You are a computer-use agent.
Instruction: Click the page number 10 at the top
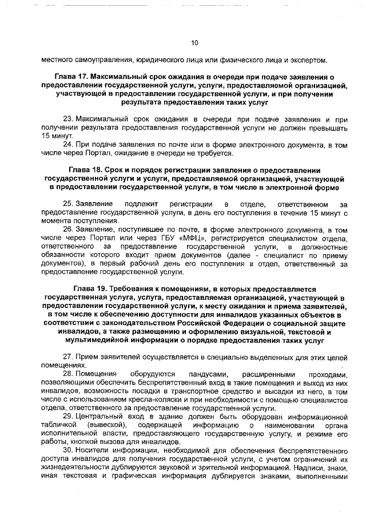[x=194, y=42]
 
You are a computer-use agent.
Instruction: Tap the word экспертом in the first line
[x=309, y=60]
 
